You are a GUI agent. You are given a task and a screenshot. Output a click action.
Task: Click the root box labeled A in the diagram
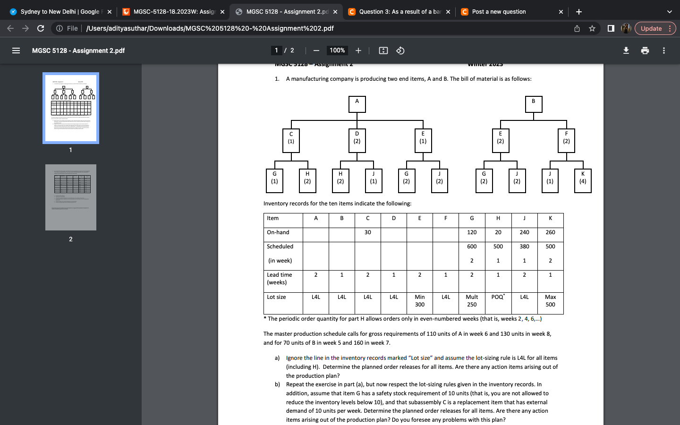[357, 104]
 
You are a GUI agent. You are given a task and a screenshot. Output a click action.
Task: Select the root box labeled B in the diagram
[534, 104]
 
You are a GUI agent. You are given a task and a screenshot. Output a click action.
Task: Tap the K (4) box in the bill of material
[583, 181]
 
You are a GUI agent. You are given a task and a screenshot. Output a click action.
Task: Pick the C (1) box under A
[291, 141]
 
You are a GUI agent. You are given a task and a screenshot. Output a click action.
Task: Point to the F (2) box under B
[566, 141]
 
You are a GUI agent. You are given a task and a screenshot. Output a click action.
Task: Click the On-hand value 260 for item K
[550, 232]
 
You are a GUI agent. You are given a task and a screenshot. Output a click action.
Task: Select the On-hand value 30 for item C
[367, 232]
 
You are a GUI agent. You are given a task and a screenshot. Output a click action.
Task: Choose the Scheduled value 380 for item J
[524, 246]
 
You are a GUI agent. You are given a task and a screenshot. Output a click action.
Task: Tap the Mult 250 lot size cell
[472, 301]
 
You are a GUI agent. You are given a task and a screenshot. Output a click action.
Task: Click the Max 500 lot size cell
[550, 301]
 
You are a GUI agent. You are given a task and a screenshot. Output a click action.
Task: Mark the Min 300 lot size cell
[419, 301]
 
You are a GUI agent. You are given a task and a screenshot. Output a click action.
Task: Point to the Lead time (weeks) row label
[280, 279]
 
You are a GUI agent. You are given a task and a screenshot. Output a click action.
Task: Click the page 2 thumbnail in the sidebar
[71, 197]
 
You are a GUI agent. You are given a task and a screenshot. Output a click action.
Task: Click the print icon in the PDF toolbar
[645, 51]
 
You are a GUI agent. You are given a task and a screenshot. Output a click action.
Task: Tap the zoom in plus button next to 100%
[358, 51]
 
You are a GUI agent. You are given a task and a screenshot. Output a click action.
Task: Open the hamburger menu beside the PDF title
[16, 51]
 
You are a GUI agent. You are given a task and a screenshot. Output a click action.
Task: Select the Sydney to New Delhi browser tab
[59, 12]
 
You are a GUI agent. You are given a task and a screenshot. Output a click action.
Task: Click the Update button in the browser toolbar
[651, 28]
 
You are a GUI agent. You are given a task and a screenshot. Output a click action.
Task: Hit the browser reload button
[41, 28]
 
